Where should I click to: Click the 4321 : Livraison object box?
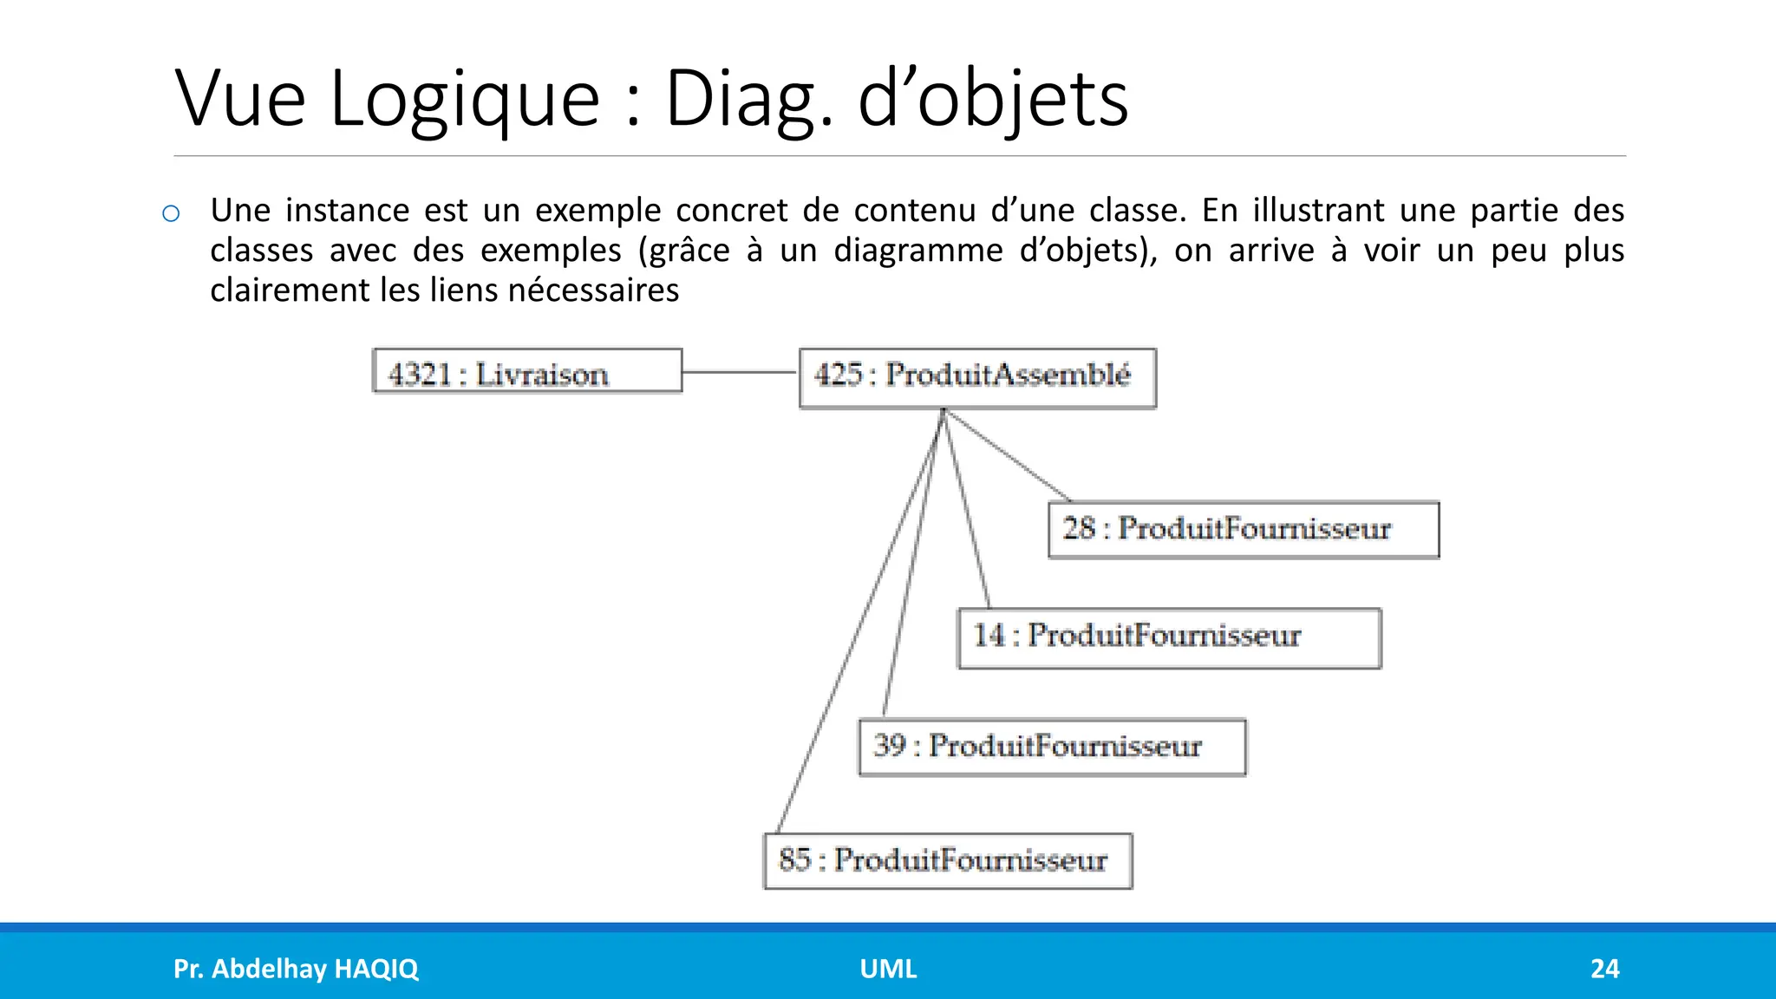527,371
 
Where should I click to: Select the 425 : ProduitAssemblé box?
977,378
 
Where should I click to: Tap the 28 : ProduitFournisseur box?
1244,530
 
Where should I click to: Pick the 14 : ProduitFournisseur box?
1169,638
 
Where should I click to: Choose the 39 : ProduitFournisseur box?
1052,747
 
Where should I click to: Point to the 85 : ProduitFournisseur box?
948,861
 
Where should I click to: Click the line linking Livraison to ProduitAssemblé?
740,372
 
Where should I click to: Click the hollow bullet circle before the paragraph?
171,213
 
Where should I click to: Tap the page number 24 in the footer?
1604,969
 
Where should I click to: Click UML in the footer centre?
888,969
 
